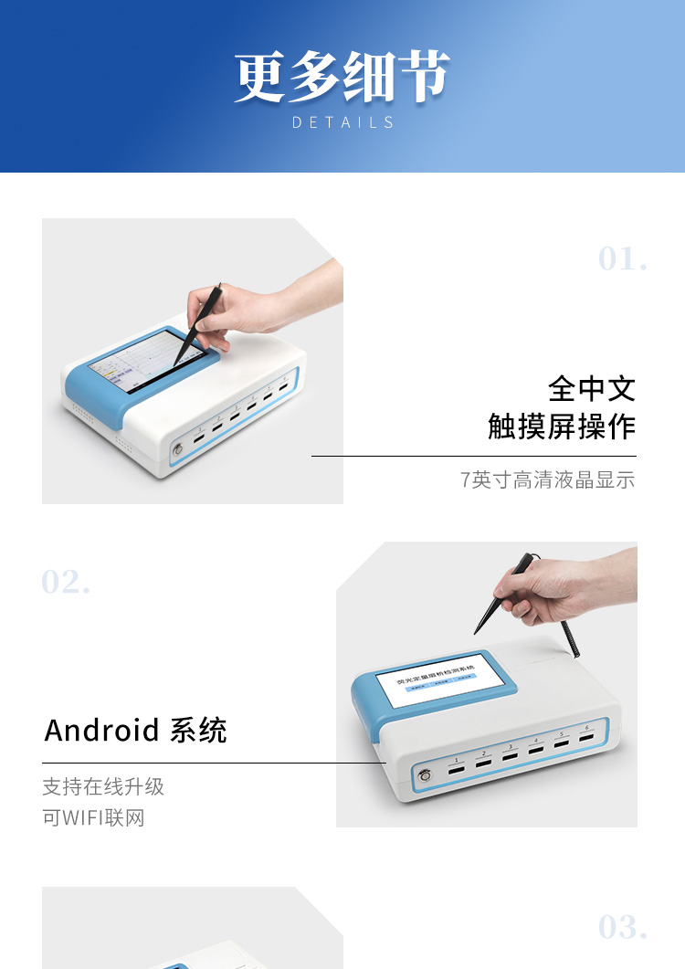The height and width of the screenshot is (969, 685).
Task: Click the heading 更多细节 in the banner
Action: tap(342, 77)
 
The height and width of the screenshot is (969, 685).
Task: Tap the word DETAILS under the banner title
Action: tap(342, 122)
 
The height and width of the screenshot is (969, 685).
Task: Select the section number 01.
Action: tap(623, 259)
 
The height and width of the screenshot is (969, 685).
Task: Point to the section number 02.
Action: tap(66, 582)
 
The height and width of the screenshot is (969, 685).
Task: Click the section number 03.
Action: tap(623, 927)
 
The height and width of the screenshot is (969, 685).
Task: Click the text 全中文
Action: tap(591, 389)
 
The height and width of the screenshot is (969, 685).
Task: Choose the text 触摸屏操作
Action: tap(561, 427)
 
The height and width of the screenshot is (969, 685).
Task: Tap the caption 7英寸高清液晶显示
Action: tap(547, 479)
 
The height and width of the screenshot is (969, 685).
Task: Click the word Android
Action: tap(101, 731)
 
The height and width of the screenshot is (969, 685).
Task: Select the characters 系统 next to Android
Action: tap(198, 731)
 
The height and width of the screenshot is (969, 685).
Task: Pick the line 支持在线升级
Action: tap(103, 787)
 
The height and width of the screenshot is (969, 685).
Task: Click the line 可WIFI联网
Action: tap(93, 817)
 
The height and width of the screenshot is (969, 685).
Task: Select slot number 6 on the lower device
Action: tap(585, 738)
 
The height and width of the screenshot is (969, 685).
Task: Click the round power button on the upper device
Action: tap(178, 448)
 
